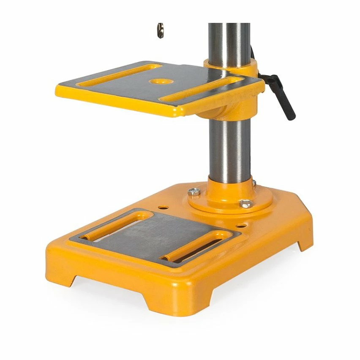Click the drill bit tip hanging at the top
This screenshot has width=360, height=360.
(x=161, y=30)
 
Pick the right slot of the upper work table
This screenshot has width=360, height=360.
(x=199, y=90)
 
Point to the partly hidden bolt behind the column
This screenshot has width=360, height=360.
(x=254, y=183)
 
